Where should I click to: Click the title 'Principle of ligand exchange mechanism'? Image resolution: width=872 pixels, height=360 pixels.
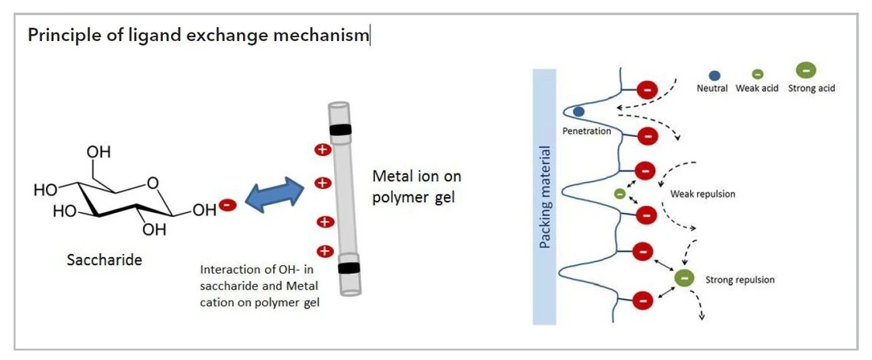(198, 36)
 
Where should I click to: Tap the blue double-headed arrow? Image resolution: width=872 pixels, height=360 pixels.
(274, 195)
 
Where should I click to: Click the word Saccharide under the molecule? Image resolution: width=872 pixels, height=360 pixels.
(104, 259)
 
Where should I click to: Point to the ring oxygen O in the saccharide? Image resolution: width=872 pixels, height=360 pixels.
(153, 184)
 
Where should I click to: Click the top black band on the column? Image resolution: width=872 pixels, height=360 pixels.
(341, 130)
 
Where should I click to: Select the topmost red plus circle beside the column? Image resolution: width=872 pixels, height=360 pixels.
(322, 150)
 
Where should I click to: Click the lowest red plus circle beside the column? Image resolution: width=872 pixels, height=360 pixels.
(324, 252)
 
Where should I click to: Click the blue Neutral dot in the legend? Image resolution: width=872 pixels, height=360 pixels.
(714, 75)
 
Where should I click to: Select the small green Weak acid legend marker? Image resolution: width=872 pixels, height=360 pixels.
(757, 74)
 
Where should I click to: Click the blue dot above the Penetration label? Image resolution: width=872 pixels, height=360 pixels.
(578, 112)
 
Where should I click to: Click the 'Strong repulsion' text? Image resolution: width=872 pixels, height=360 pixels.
(741, 279)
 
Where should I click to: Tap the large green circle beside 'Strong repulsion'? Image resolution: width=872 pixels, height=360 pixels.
(684, 279)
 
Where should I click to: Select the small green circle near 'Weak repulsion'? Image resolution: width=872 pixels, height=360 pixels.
(620, 194)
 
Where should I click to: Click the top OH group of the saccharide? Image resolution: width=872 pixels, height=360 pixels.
(99, 151)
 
